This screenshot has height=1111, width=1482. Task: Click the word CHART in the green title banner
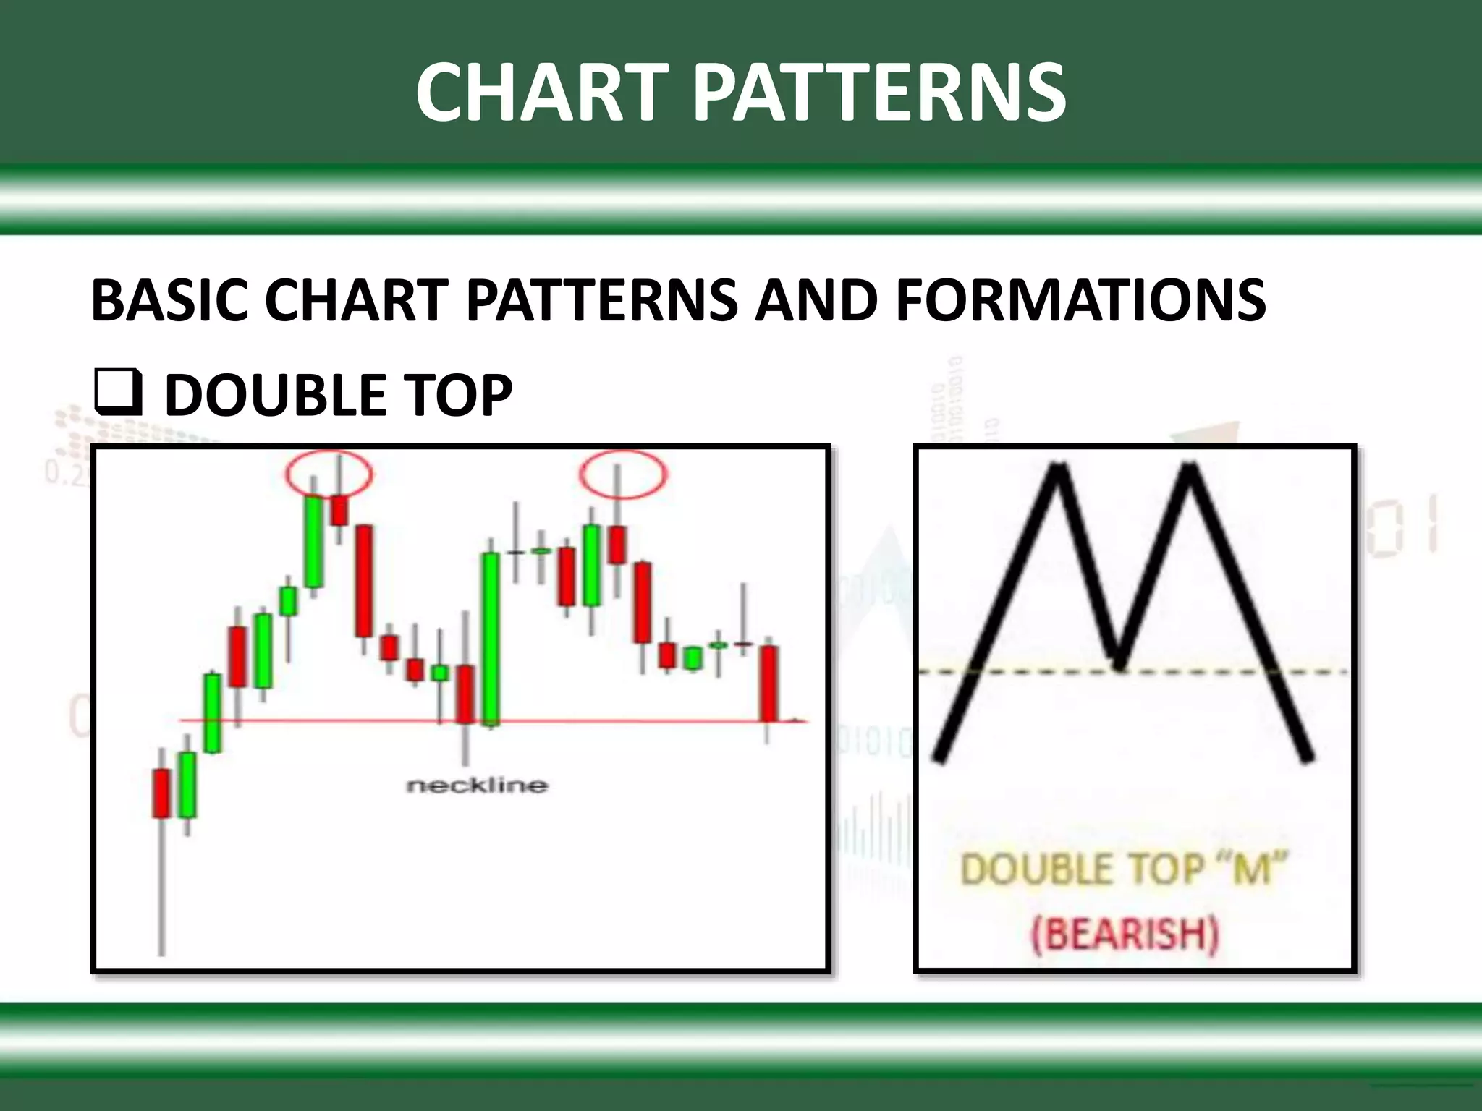[541, 93]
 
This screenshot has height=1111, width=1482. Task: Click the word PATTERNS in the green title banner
[879, 93]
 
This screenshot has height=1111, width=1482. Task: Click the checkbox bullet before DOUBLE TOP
[117, 395]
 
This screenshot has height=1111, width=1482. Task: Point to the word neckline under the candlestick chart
[477, 785]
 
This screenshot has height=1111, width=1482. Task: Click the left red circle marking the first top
[329, 474]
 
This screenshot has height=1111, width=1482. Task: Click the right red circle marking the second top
[623, 474]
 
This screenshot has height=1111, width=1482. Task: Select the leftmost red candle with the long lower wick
[161, 793]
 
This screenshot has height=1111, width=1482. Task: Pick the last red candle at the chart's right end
[768, 683]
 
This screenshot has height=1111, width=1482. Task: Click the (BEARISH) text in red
[1125, 933]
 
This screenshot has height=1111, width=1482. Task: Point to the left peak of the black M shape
[1059, 469]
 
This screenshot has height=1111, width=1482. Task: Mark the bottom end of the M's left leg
[939, 757]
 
